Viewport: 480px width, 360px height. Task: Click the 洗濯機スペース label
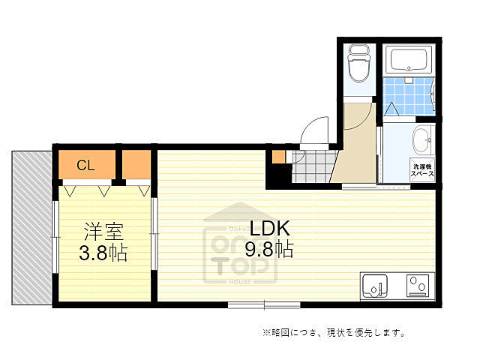point(421,169)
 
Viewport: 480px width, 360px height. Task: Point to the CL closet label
point(85,166)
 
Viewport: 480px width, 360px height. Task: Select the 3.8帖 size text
point(103,253)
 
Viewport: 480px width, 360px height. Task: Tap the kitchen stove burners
point(416,286)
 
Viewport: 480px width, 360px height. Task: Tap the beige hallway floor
point(356,150)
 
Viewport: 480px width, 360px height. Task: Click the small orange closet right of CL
point(136,165)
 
